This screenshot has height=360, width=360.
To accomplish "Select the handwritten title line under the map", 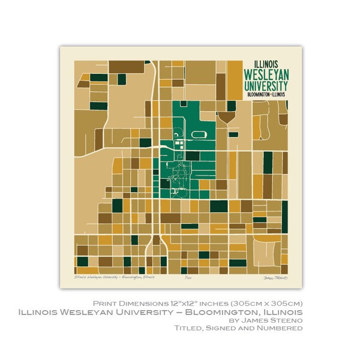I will (114, 277).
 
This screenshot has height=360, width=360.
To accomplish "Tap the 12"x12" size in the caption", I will (198, 302).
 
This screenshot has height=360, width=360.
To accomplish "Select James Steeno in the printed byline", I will (283, 321).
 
